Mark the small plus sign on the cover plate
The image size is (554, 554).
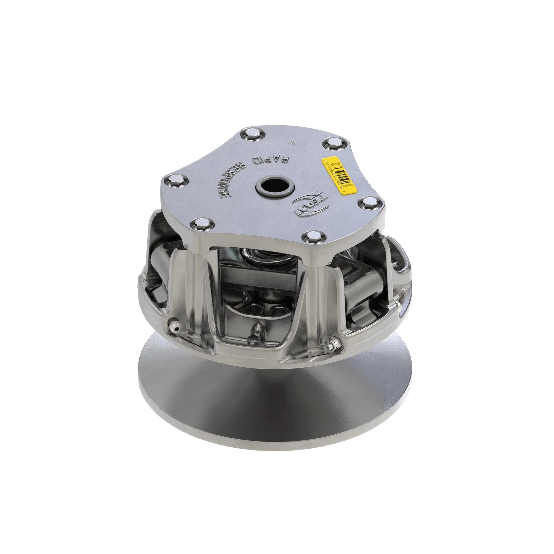pyautogui.click(x=293, y=141)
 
